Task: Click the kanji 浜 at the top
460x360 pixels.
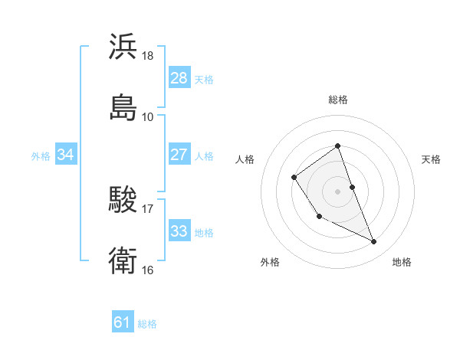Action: click(x=123, y=47)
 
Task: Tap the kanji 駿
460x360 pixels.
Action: click(x=123, y=201)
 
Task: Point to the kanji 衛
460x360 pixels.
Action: click(x=123, y=260)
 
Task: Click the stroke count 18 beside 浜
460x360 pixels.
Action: click(x=148, y=56)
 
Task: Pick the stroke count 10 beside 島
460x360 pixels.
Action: click(x=148, y=116)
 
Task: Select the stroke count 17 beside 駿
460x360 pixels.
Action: click(x=148, y=208)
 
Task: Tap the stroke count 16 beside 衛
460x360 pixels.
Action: click(x=148, y=270)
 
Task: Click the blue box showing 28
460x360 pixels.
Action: click(x=179, y=78)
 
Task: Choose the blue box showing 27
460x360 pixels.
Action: click(x=179, y=155)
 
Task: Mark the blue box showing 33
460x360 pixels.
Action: click(x=179, y=231)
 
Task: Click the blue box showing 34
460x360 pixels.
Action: click(x=65, y=155)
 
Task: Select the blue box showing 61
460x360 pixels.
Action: click(x=123, y=323)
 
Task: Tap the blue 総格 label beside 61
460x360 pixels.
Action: click(x=147, y=324)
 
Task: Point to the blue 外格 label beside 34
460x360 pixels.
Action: click(x=41, y=155)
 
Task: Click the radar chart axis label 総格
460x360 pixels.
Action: click(x=337, y=100)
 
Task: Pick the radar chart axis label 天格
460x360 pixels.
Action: click(x=431, y=159)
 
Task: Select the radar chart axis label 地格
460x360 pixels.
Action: click(x=402, y=263)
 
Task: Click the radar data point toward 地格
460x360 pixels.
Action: click(x=374, y=242)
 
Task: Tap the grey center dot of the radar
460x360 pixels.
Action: click(x=337, y=191)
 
